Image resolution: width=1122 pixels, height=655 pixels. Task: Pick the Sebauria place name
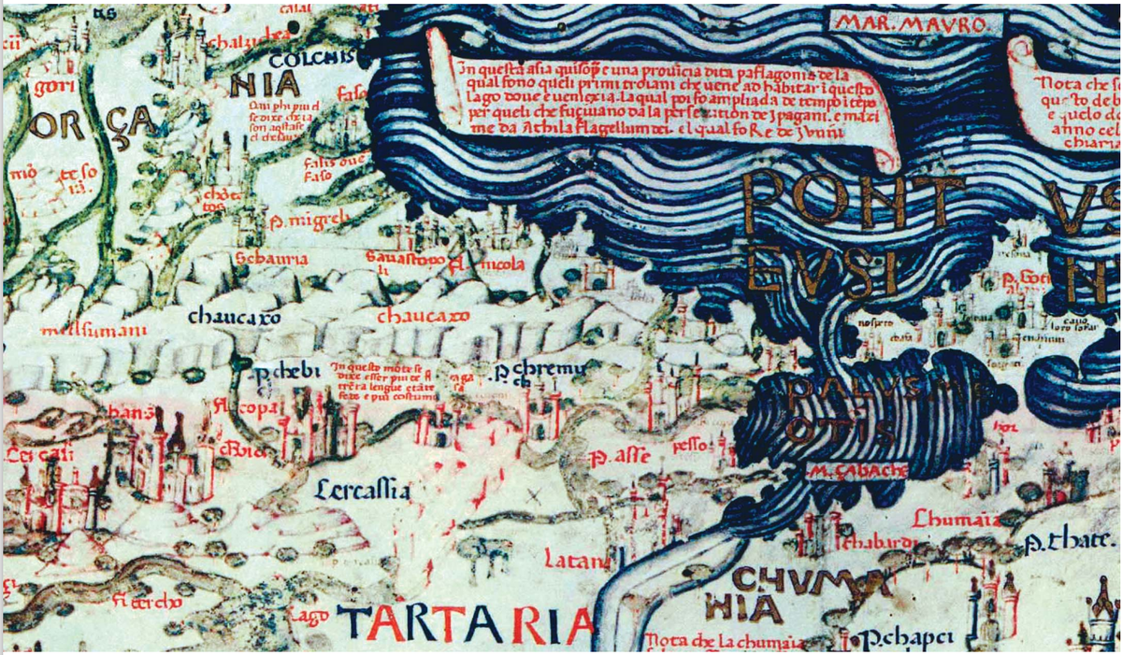(x=266, y=258)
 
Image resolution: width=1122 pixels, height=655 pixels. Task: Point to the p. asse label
(x=614, y=458)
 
